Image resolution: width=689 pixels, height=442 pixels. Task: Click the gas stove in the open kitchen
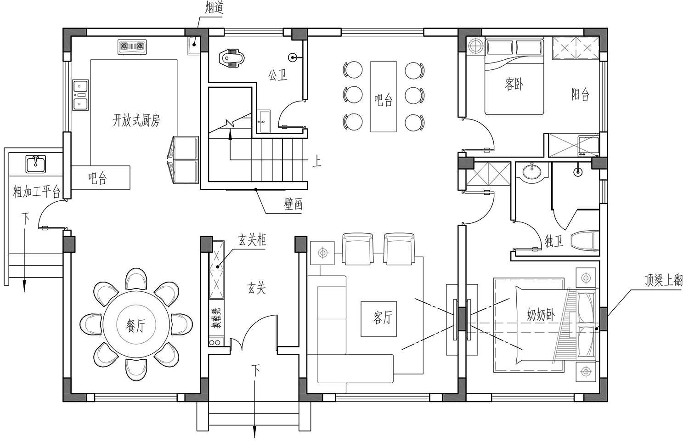[132, 47]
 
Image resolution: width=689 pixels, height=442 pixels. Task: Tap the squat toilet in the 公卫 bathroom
[232, 58]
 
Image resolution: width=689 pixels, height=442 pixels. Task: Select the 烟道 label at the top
[214, 7]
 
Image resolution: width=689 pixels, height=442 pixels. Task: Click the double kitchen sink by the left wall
[80, 95]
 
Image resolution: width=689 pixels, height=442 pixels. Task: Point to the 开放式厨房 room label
[136, 120]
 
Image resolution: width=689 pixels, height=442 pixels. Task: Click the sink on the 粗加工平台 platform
[36, 164]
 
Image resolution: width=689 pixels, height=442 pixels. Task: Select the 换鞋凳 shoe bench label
[216, 318]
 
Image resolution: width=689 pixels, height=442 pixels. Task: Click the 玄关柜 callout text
[252, 240]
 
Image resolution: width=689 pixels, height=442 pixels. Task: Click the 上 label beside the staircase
[316, 161]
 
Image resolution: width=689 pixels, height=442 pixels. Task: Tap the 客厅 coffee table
[378, 319]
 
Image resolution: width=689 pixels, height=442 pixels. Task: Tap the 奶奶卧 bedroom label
[541, 315]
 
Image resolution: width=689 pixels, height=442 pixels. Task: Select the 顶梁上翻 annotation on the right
[663, 281]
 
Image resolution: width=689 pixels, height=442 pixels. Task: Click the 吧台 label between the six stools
[383, 100]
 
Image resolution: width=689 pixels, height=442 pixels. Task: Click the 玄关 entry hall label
[256, 288]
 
